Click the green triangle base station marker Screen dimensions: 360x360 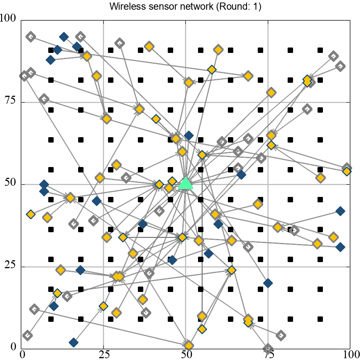(x=186, y=183)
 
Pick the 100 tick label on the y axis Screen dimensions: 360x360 (x=10, y=18)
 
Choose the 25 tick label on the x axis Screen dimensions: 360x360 (x=104, y=354)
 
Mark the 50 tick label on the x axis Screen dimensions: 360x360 (x=186, y=354)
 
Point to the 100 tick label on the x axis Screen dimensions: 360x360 (x=350, y=354)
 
